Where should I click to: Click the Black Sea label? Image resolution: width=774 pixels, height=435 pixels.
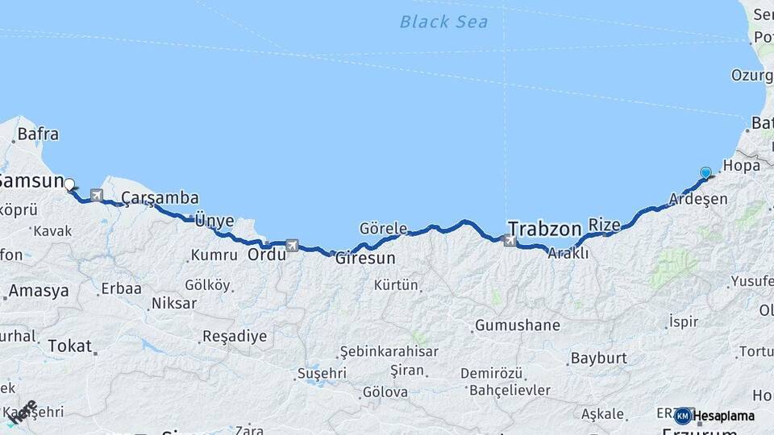pos(443,22)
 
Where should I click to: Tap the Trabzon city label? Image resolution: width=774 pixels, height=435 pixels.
pos(544,229)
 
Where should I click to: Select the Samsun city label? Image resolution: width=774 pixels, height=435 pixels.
pos(31,180)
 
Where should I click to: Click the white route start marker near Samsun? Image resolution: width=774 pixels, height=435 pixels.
pos(69,184)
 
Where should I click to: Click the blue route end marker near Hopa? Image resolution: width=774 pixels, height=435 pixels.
pos(706,172)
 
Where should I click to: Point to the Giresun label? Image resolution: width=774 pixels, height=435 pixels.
pos(365,259)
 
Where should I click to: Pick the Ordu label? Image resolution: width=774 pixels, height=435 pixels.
pos(267,255)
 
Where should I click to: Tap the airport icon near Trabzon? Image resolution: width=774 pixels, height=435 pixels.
pos(510,239)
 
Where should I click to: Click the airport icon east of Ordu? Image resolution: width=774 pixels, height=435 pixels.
pos(292,244)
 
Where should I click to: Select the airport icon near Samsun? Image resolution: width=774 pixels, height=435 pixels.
pos(97,195)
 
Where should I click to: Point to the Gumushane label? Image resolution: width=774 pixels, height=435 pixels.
pos(517,325)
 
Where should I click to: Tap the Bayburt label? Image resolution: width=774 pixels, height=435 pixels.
pos(598,357)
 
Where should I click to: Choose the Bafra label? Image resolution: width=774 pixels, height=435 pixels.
pos(38,135)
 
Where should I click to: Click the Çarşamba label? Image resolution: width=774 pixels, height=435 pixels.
pos(160,198)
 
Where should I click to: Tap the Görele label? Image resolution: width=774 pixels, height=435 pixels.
pos(383,228)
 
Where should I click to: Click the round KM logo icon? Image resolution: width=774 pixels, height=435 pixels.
pos(683,416)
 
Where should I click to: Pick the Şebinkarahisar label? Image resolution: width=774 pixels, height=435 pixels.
pos(389,351)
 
